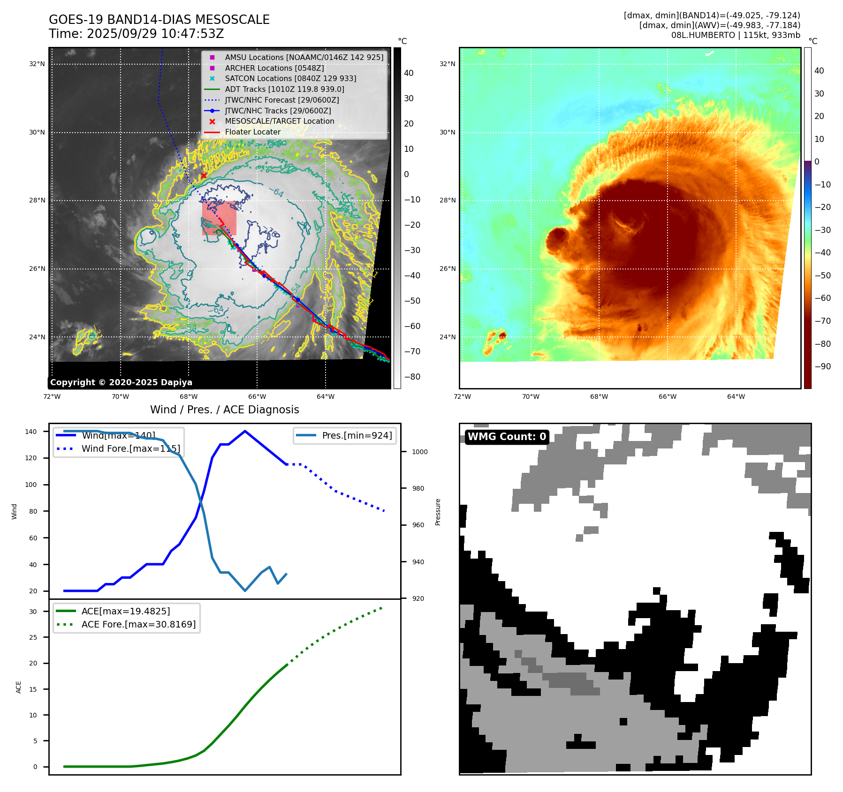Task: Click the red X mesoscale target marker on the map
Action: [x=204, y=176]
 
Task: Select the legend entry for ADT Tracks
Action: [x=284, y=89]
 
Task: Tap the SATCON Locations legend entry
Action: [x=290, y=78]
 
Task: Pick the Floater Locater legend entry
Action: [x=252, y=132]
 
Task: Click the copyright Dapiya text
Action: [x=121, y=382]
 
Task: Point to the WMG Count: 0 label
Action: [x=507, y=437]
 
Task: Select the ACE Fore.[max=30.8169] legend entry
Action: [x=138, y=624]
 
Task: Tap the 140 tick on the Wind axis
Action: [x=31, y=432]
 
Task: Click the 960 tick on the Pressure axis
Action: [x=418, y=525]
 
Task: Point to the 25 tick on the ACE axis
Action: [x=33, y=637]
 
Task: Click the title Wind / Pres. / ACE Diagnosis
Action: [x=224, y=410]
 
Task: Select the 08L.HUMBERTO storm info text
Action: [x=735, y=35]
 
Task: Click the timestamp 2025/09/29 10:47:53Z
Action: [x=155, y=34]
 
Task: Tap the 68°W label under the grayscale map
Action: [x=189, y=396]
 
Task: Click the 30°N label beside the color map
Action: [x=447, y=132]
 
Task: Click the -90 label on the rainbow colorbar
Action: [x=822, y=366]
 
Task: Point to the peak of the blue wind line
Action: [x=245, y=431]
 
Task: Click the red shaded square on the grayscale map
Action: [x=219, y=218]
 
